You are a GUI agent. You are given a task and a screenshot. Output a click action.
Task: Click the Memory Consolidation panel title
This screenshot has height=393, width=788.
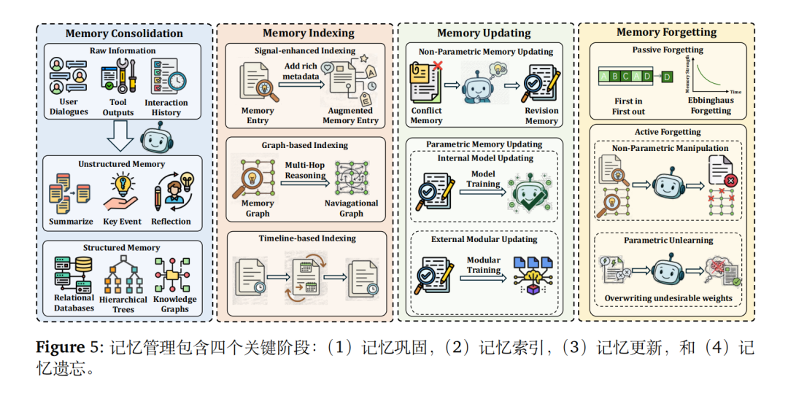pyautogui.click(x=124, y=34)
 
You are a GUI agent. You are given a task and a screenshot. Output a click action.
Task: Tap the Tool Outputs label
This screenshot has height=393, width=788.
pyautogui.click(x=118, y=107)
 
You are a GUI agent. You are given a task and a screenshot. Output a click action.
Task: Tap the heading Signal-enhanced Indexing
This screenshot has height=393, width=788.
pyautogui.click(x=305, y=51)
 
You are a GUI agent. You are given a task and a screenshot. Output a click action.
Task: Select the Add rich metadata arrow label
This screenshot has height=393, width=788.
pyautogui.click(x=301, y=71)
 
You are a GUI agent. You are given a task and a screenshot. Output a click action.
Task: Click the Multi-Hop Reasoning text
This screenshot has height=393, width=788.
pyautogui.click(x=305, y=171)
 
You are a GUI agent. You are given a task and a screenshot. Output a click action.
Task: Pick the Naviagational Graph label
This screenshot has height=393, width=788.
pyautogui.click(x=351, y=209)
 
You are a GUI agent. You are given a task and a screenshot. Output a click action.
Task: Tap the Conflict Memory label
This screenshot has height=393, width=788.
pyautogui.click(x=426, y=116)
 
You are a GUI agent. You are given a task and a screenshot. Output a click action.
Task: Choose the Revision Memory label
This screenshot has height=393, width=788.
pyautogui.click(x=541, y=116)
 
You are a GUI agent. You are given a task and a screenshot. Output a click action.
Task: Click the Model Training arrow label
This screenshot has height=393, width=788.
pyautogui.click(x=484, y=179)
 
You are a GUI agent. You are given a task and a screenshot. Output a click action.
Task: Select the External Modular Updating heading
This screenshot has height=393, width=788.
pyautogui.click(x=484, y=239)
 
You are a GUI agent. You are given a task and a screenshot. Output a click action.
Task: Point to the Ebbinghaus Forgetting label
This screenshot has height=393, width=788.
pyautogui.click(x=711, y=106)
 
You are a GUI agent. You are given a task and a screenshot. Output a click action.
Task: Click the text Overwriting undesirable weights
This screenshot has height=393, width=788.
pyautogui.click(x=668, y=298)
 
